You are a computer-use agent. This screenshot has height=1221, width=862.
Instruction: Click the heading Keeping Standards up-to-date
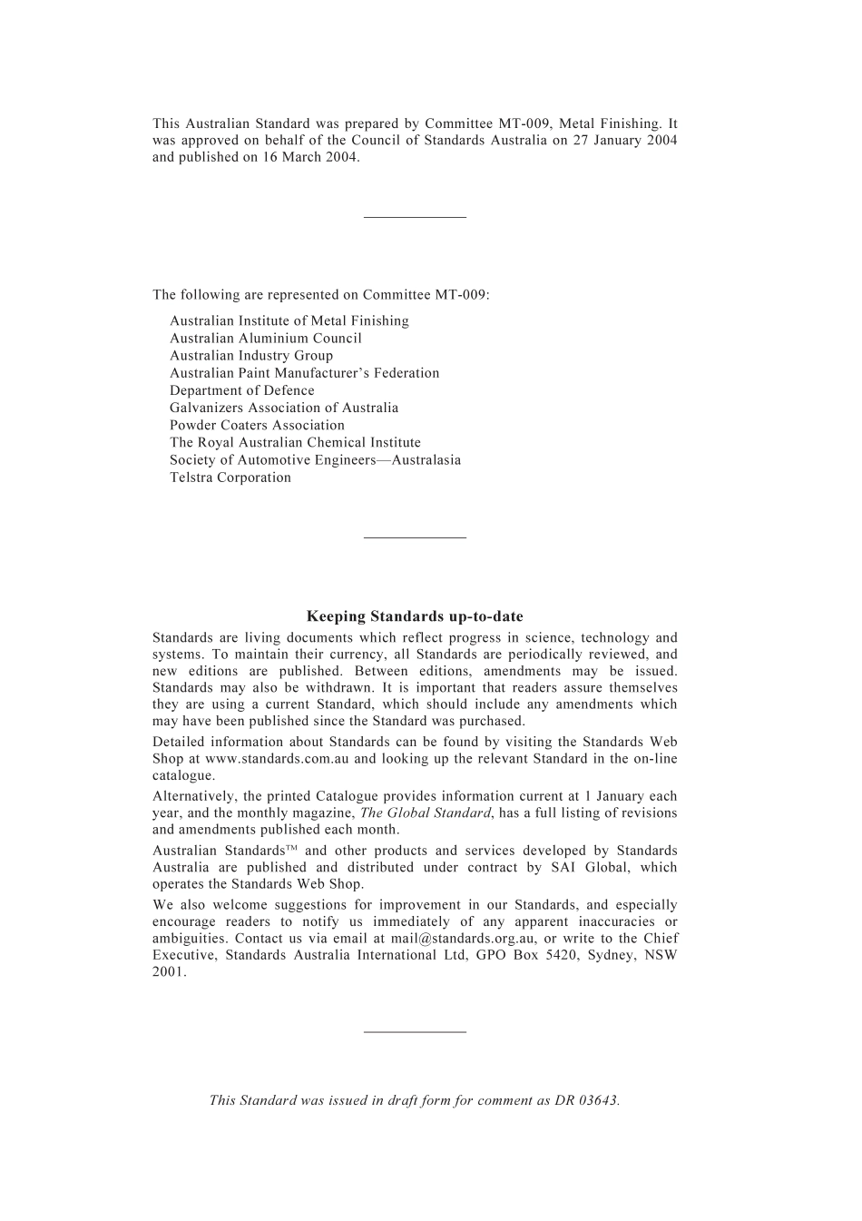pos(415,616)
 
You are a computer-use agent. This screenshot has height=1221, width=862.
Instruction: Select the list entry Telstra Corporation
pos(230,478)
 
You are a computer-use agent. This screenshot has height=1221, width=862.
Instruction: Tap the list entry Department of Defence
pos(242,390)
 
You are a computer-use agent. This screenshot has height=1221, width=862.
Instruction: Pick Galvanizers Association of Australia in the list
pos(284,408)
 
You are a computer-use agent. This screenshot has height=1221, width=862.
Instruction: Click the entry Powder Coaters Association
pos(257,425)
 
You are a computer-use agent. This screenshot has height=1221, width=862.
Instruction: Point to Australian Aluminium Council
pos(266,338)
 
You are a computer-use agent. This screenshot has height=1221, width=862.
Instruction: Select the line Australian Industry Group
pos(251,355)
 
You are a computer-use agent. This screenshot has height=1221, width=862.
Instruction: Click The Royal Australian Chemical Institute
pos(295,442)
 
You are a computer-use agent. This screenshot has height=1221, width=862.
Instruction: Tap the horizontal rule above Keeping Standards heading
pos(415,537)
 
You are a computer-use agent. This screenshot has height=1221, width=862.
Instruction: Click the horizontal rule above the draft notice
pos(415,1031)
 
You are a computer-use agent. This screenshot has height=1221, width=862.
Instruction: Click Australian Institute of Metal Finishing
pos(289,320)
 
